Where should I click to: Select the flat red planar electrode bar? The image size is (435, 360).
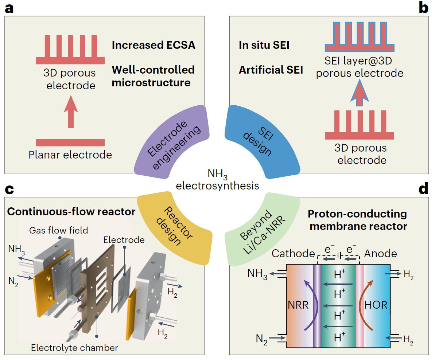[x=70, y=142]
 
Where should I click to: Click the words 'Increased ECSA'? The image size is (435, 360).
[x=153, y=45]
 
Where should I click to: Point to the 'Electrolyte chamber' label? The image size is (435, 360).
[x=74, y=348]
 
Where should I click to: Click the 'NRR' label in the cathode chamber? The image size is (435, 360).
[x=298, y=305]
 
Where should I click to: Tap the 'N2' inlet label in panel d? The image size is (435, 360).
[x=261, y=341]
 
